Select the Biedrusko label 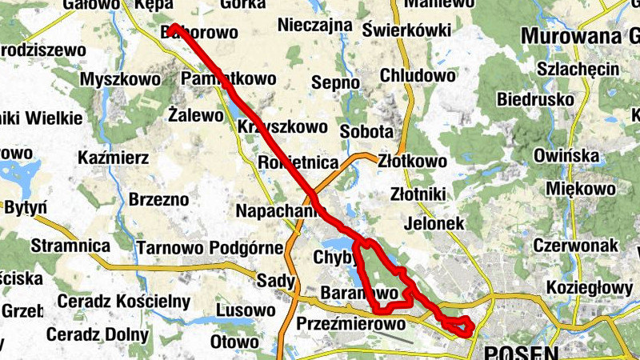[x=535, y=100]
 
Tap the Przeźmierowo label [x=351, y=325]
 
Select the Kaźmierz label [x=114, y=158]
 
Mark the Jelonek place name [x=435, y=224]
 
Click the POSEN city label [x=519, y=351]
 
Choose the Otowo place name [x=234, y=342]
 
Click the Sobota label [x=366, y=130]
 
